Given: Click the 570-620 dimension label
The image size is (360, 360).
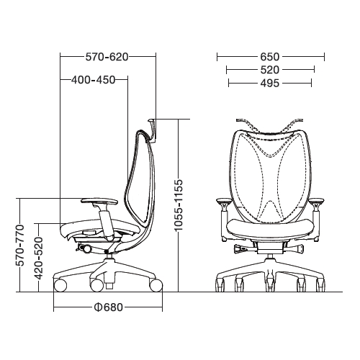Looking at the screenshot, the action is pos(107,57).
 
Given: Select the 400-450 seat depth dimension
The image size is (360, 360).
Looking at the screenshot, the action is pos(94,80).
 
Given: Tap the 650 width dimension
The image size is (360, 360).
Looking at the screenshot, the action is pos(270,57).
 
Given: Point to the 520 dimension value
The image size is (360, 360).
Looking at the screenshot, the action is pos(270,70).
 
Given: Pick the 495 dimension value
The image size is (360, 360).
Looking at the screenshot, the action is pos(270,84).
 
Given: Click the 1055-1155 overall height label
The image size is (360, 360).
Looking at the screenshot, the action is pos(179,204).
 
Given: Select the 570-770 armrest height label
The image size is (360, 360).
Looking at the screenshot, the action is pos(20,246).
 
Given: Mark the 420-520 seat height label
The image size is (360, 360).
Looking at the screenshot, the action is pos(38,258).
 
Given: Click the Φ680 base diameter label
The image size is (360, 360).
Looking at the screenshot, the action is pos(109,307).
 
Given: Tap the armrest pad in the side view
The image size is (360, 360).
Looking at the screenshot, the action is pos(99,201).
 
